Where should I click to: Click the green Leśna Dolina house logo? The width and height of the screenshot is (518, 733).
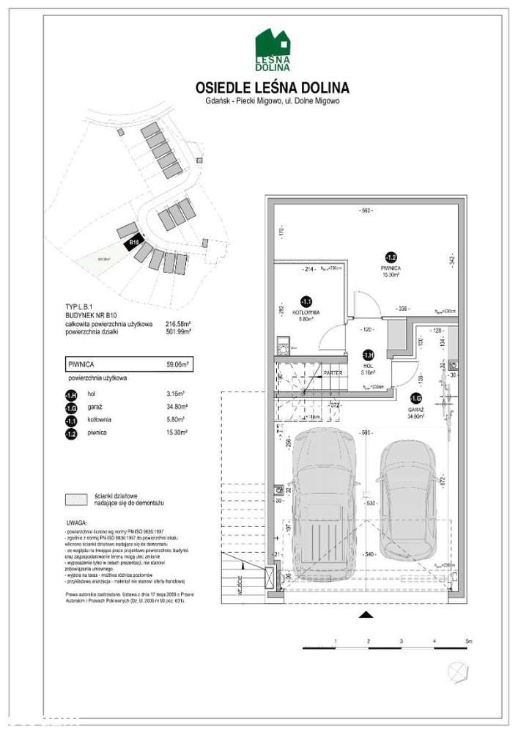[x=273, y=50]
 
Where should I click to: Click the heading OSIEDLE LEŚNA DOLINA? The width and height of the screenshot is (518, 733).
[x=273, y=88]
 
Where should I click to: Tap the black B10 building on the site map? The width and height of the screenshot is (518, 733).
[x=133, y=242]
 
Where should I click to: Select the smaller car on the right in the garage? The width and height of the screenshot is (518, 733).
[x=407, y=498]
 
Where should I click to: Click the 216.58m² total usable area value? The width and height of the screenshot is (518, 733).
[x=178, y=324]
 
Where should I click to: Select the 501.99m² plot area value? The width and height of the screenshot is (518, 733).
[x=178, y=331]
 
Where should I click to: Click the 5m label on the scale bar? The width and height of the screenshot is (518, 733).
[x=469, y=641]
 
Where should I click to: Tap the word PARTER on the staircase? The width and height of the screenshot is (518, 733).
[x=333, y=372]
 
